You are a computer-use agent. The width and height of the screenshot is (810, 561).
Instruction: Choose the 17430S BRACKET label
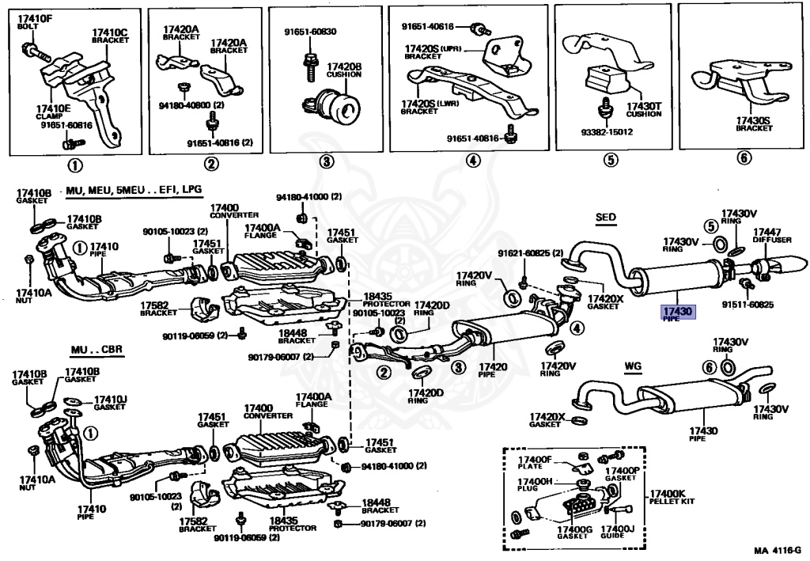pyautogui.click(x=753, y=123)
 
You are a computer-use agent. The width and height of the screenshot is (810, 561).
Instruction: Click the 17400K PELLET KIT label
pyautogui.click(x=672, y=497)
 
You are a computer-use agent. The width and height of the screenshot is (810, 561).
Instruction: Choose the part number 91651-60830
pyautogui.click(x=310, y=32)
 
